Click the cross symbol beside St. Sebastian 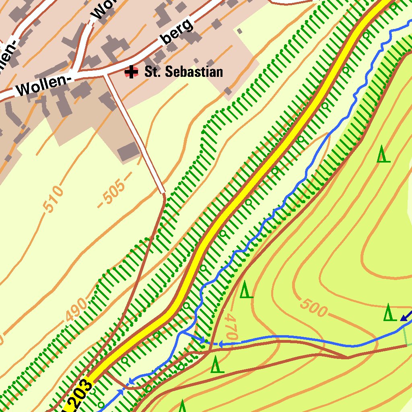click(131, 72)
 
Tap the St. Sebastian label click(183, 72)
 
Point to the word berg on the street click(177, 32)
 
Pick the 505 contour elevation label click(114, 191)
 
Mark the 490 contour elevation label click(76, 310)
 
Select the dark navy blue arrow click(406, 315)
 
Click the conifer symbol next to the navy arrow click(388, 313)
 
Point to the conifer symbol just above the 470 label click(246, 290)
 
